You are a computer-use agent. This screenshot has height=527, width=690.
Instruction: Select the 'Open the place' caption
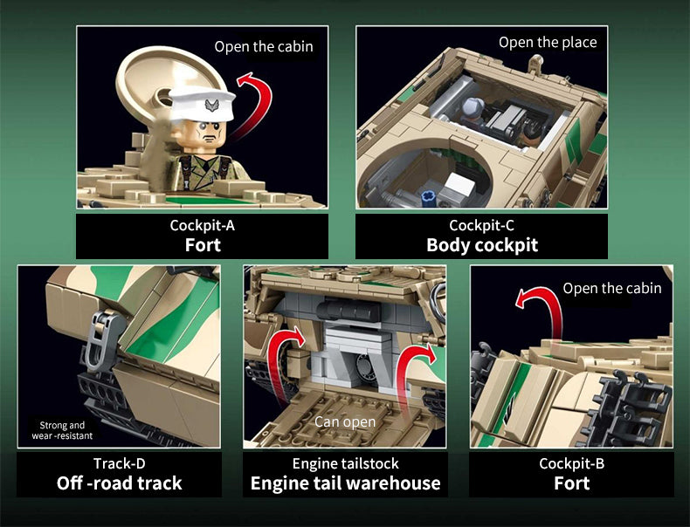(x=548, y=42)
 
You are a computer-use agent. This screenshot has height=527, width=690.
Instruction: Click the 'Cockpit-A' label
(x=203, y=226)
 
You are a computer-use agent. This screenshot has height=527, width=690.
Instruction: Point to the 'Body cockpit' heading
(x=481, y=245)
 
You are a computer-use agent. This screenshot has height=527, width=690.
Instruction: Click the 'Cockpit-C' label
(x=481, y=226)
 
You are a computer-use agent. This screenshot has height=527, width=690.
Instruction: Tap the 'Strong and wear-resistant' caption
(x=62, y=429)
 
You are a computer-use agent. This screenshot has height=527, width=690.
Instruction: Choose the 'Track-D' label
(x=119, y=463)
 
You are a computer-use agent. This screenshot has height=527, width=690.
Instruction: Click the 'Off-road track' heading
(x=119, y=483)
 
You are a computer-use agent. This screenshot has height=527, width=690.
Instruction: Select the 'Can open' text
(x=345, y=422)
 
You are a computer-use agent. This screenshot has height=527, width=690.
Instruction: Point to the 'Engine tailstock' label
(x=345, y=463)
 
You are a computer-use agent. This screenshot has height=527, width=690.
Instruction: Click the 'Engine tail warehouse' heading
(x=345, y=483)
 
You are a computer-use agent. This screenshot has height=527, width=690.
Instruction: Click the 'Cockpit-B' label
(x=571, y=463)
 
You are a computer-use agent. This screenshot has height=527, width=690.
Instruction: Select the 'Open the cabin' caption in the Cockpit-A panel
(x=264, y=46)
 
